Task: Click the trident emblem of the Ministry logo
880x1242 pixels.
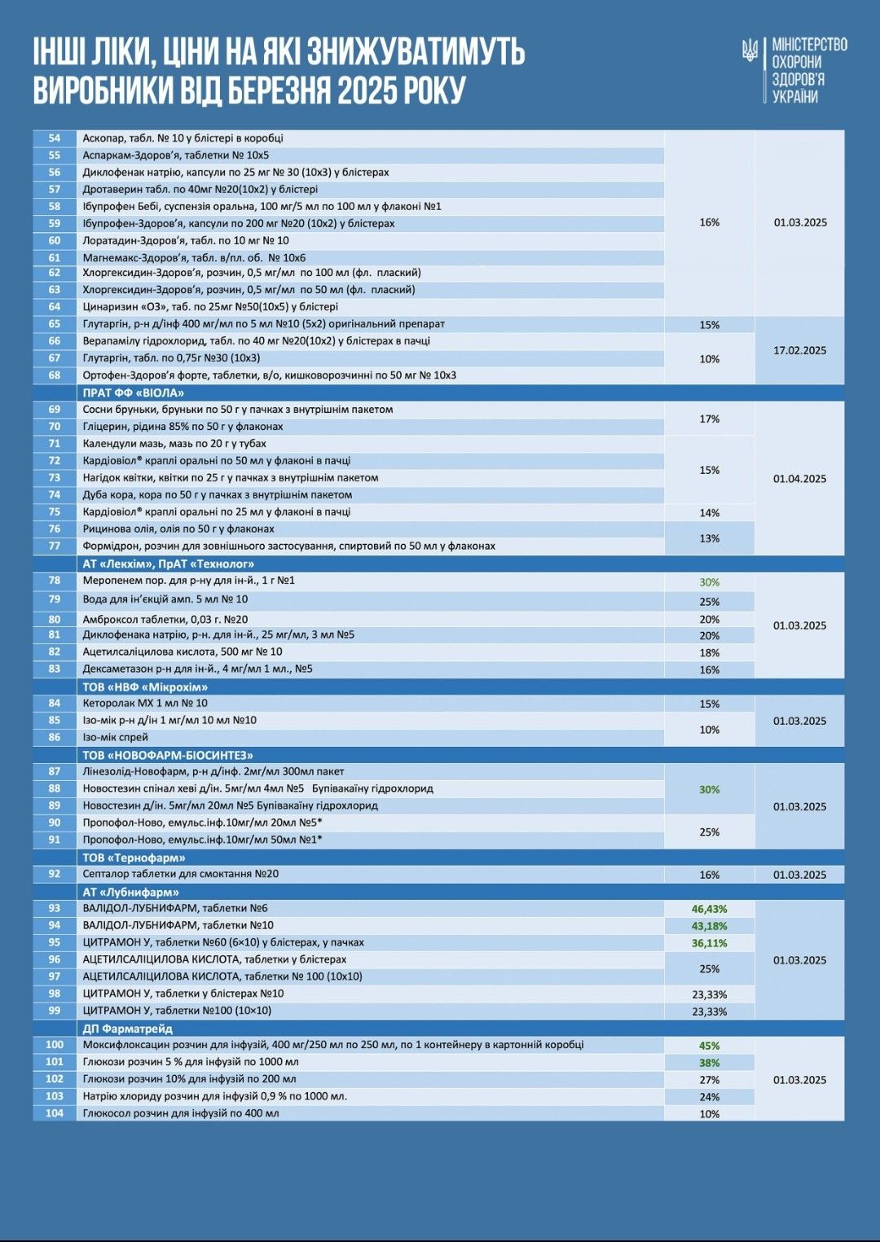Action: click(750, 50)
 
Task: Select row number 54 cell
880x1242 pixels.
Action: click(55, 138)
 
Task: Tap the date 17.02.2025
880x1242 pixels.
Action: click(799, 350)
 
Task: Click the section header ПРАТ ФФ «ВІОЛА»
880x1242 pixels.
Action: click(134, 393)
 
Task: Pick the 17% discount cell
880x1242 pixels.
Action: click(709, 419)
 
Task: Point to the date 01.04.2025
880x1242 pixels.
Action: click(799, 479)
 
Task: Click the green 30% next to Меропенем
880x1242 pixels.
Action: click(709, 582)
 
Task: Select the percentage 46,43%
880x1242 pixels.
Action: click(709, 909)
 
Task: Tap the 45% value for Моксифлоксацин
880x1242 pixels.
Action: click(709, 1046)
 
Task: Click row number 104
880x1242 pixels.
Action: click(55, 1113)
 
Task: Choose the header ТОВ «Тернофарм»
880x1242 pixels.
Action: click(134, 858)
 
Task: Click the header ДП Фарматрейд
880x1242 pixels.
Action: click(128, 1029)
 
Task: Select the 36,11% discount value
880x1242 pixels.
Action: click(709, 943)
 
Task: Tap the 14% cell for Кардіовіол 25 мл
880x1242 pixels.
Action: click(709, 513)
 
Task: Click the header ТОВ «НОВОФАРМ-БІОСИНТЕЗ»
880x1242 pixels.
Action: click(168, 755)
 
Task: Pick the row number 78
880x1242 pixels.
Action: click(55, 581)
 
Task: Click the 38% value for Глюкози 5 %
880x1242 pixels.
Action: click(709, 1063)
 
